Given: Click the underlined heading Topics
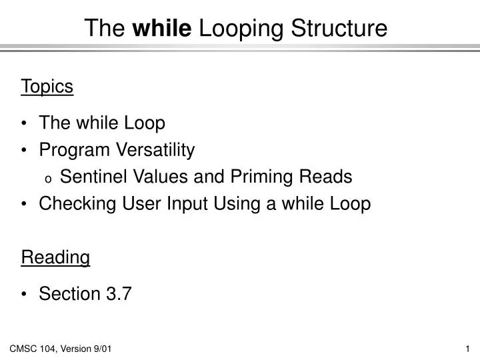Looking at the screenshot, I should [x=47, y=86].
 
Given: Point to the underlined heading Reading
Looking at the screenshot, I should [x=55, y=257].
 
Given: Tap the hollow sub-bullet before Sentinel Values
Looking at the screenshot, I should [x=48, y=178].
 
